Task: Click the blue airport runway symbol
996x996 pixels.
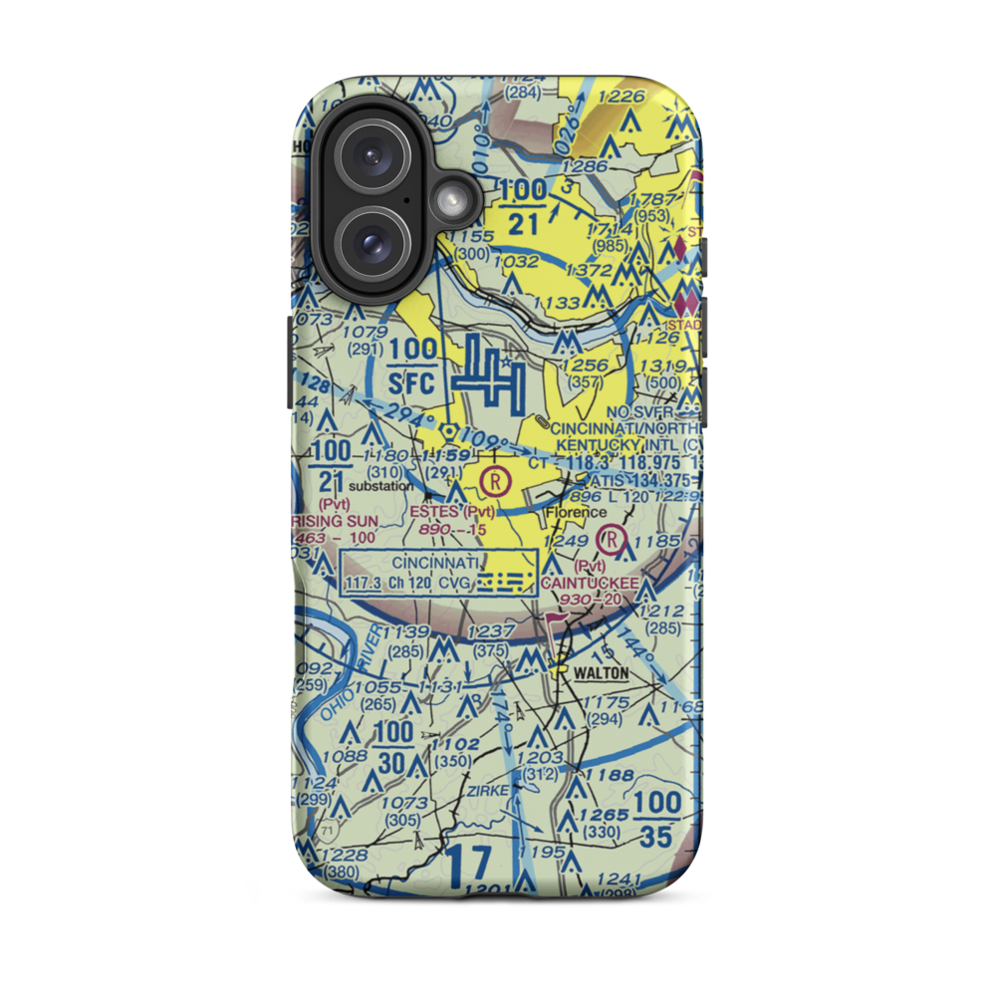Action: [489, 377]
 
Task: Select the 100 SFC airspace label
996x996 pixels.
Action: [412, 365]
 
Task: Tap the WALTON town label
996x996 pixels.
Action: [601, 673]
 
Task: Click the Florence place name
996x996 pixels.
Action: [576, 513]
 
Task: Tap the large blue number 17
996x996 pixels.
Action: [468, 867]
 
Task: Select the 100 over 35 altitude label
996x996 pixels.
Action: [657, 819]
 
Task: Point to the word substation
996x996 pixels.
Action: [379, 486]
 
